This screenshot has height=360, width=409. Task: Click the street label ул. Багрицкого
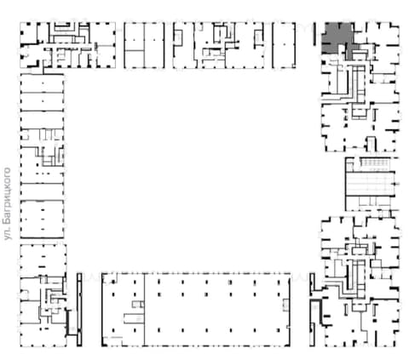(x=8, y=203)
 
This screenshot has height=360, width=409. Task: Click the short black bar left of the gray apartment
(x=314, y=34)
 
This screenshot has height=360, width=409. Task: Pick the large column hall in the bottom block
(x=217, y=310)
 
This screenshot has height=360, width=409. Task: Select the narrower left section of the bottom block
(x=123, y=310)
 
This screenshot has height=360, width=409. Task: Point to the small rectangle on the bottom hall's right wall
(x=285, y=305)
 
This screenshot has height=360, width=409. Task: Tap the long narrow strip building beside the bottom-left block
(x=79, y=310)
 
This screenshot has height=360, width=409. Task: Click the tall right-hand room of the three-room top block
(x=154, y=45)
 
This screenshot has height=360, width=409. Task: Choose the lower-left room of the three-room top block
(x=134, y=60)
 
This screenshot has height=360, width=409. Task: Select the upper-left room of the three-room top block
(x=134, y=37)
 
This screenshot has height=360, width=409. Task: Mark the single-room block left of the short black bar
(x=284, y=45)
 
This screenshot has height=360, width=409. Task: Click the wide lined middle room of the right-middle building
(x=370, y=184)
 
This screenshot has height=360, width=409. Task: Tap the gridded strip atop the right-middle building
(x=375, y=163)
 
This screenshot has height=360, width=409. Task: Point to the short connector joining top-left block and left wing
(x=43, y=71)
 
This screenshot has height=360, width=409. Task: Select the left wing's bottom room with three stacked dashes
(x=42, y=219)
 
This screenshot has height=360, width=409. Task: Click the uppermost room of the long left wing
(x=42, y=83)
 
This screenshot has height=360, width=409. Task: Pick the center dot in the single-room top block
(x=284, y=44)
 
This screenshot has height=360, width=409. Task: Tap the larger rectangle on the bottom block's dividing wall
(x=134, y=318)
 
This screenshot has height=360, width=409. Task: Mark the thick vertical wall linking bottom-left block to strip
(x=67, y=323)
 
